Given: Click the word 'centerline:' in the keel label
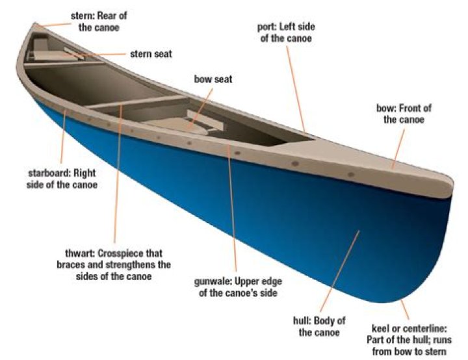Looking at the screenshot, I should pyautogui.click(x=424, y=329).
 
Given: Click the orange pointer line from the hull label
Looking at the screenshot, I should pyautogui.click(x=342, y=273).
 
